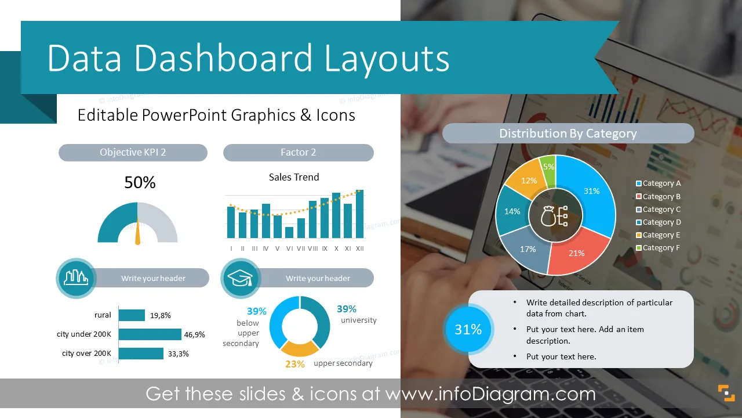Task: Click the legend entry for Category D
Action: (x=659, y=222)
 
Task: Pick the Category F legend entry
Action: (x=658, y=248)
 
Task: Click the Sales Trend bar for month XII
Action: (x=360, y=214)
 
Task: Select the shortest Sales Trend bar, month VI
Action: (x=289, y=233)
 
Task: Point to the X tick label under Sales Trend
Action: (x=336, y=248)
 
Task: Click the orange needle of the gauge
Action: (x=138, y=231)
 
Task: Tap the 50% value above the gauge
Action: (x=140, y=182)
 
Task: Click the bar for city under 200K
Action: (x=150, y=334)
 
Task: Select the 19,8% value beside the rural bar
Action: (x=161, y=315)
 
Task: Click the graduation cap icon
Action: (x=241, y=278)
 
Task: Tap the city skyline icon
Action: (x=76, y=278)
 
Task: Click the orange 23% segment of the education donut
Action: (x=300, y=348)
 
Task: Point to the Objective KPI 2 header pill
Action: (x=133, y=153)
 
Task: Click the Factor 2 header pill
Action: (x=298, y=153)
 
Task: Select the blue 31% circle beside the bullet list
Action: (x=468, y=329)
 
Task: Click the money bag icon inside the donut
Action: (x=548, y=217)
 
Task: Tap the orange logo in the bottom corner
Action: (x=726, y=393)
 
